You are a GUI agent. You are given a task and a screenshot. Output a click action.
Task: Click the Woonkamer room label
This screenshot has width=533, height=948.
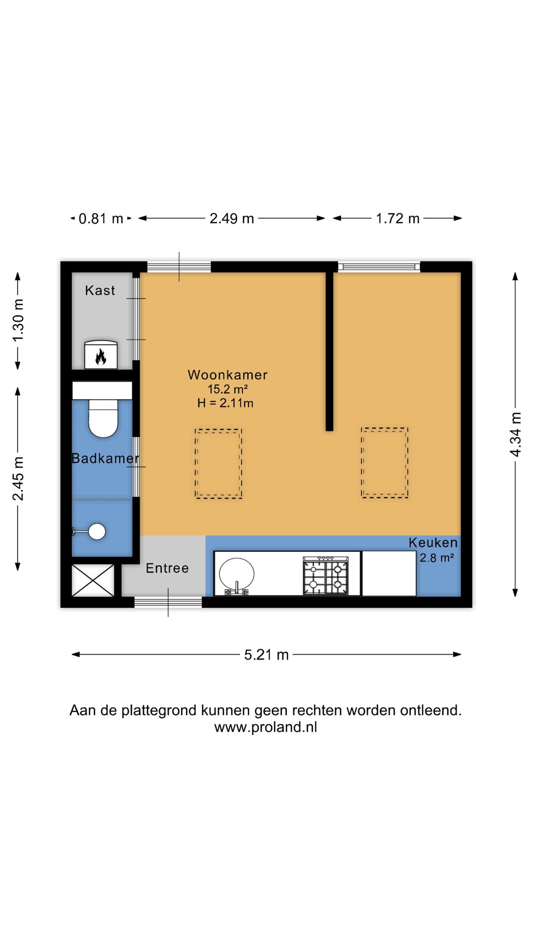[228, 375]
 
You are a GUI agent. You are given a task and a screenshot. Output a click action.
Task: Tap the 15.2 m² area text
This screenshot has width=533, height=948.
[227, 389]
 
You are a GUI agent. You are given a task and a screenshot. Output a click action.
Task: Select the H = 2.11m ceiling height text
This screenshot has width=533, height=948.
[225, 403]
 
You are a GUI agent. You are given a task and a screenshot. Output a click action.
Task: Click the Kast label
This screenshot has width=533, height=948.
[100, 290]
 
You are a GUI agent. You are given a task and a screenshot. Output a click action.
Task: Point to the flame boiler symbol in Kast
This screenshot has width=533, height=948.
[101, 356]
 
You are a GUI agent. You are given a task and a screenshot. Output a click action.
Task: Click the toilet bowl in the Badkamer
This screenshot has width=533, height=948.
[103, 419]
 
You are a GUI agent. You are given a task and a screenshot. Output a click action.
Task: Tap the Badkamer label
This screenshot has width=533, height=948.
[105, 458]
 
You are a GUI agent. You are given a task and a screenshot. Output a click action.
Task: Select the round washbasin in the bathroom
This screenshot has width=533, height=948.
[97, 532]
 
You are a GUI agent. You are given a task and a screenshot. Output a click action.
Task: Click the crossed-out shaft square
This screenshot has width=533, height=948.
[93, 580]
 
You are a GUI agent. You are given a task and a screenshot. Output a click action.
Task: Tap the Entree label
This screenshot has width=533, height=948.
[167, 568]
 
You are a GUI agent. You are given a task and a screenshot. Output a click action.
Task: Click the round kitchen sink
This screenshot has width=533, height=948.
[237, 574]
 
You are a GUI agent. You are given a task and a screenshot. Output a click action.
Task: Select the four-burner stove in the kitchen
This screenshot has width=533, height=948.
[325, 576]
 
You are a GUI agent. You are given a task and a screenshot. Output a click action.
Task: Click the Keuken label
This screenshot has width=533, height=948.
[433, 543]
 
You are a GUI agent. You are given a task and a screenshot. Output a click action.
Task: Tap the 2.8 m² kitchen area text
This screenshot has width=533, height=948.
[437, 558]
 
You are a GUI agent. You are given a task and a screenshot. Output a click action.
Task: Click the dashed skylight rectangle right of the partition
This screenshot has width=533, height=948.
[384, 463]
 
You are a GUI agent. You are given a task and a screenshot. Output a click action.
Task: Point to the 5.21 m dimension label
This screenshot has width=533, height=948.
[266, 655]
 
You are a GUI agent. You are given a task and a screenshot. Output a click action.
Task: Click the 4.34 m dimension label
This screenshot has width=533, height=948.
[515, 434]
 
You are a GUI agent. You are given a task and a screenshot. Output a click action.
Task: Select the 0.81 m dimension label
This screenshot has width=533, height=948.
[101, 218]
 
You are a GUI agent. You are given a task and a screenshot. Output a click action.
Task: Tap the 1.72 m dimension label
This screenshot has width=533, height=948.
[398, 218]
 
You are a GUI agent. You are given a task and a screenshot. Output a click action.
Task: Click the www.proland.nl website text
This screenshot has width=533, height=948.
[266, 727]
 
